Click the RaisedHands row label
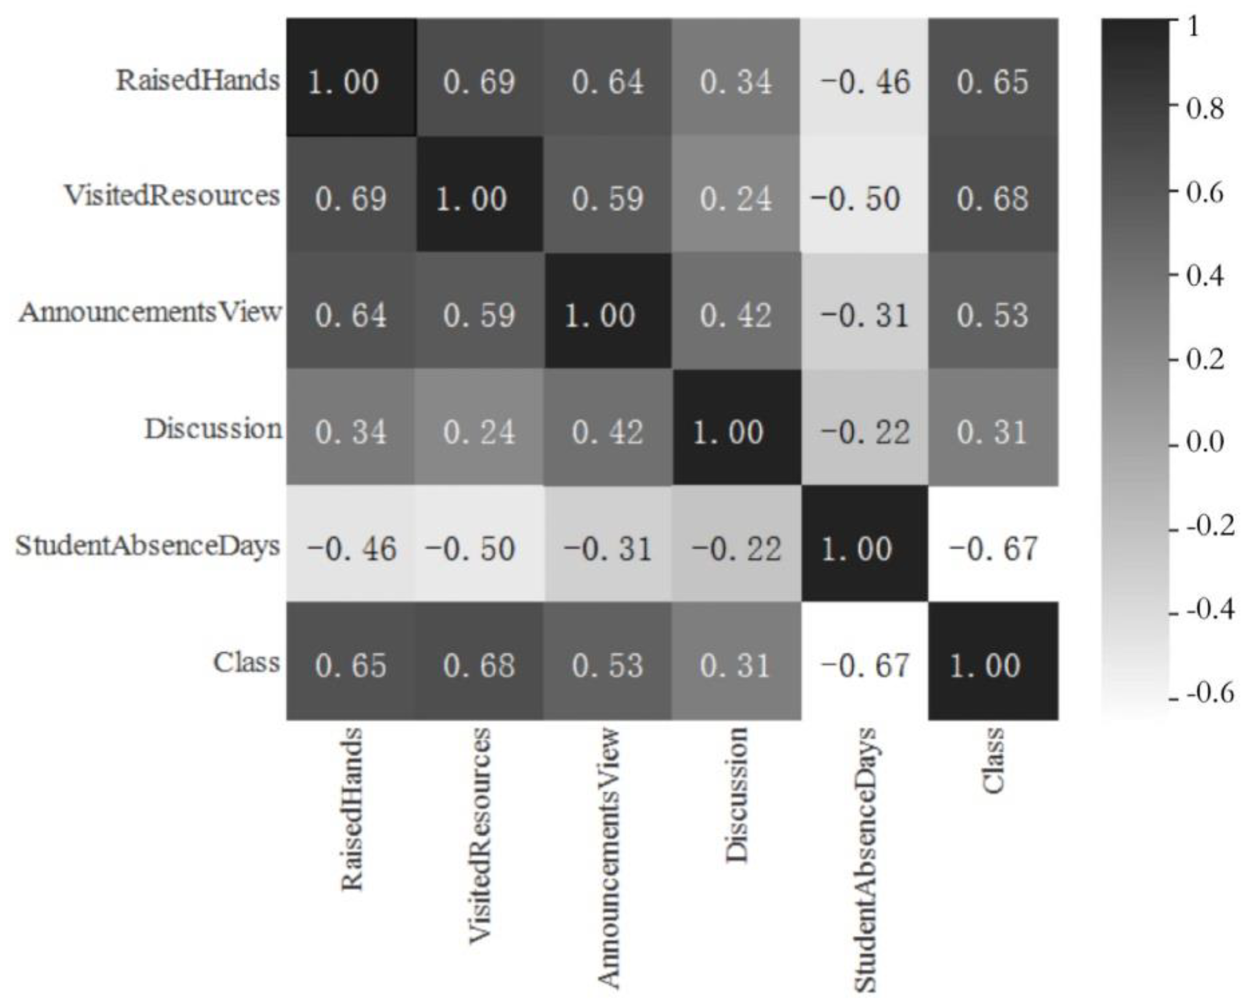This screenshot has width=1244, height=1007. (197, 80)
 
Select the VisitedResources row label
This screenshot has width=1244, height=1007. (172, 196)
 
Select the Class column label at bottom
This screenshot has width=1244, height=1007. (993, 759)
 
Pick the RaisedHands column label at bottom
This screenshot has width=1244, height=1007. (352, 809)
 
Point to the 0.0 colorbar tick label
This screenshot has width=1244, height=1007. (1204, 443)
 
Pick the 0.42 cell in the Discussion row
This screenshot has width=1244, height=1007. (608, 431)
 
